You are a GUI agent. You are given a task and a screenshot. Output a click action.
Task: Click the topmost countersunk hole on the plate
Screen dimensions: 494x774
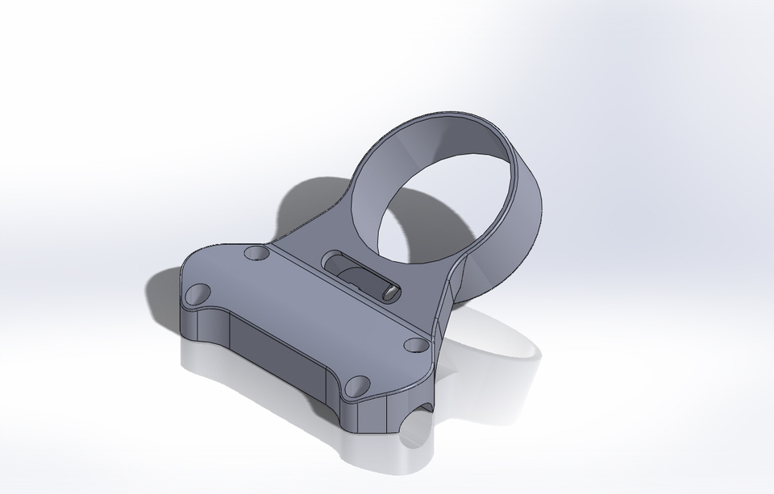257,254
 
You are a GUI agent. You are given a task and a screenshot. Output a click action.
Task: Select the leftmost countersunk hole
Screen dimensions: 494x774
195,294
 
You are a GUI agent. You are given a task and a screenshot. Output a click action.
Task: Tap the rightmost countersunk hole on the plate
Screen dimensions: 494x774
415,345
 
